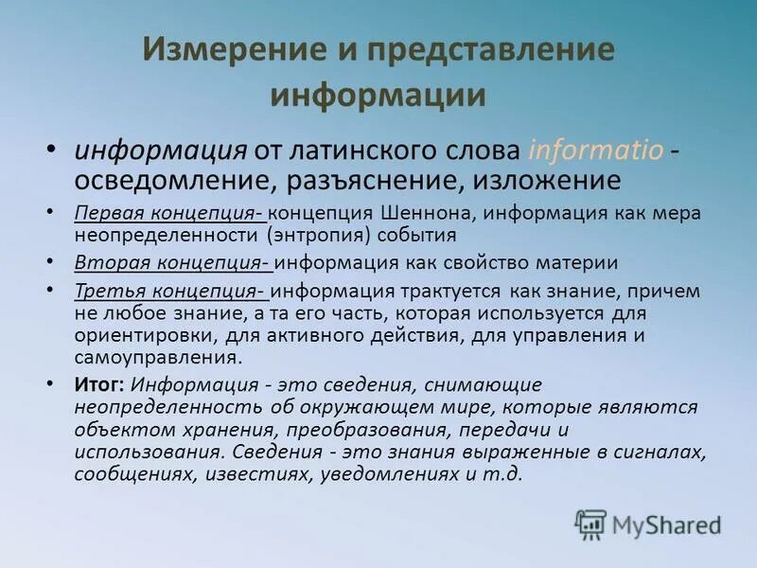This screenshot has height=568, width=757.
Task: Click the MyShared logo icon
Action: coord(591,524)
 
